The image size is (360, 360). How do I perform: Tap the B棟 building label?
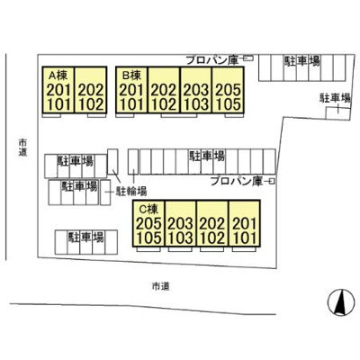click(x=131, y=75)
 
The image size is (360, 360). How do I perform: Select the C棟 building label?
click(x=148, y=208)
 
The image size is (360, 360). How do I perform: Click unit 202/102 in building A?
click(x=91, y=90)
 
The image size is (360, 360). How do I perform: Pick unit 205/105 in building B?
click(x=228, y=90)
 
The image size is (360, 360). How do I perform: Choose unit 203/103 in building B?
click(x=196, y=90)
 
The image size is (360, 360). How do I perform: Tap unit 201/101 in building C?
click(x=245, y=223)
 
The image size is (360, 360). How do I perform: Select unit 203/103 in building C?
click(x=181, y=223)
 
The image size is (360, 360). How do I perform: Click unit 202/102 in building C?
click(x=212, y=223)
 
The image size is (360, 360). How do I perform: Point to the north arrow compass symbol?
click(x=339, y=302)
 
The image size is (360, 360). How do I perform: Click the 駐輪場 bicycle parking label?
click(x=131, y=191)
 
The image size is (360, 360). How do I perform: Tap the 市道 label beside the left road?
click(x=22, y=147)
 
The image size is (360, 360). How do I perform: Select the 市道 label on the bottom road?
click(x=161, y=286)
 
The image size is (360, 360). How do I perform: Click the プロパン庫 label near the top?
click(x=212, y=60)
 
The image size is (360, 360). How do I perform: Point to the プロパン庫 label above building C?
click(x=237, y=181)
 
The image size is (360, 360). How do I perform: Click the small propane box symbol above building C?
click(x=271, y=181)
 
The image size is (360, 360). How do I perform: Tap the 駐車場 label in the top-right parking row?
click(x=301, y=61)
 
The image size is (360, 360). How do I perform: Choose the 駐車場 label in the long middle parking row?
click(x=207, y=156)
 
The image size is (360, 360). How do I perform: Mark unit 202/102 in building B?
click(x=164, y=90)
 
